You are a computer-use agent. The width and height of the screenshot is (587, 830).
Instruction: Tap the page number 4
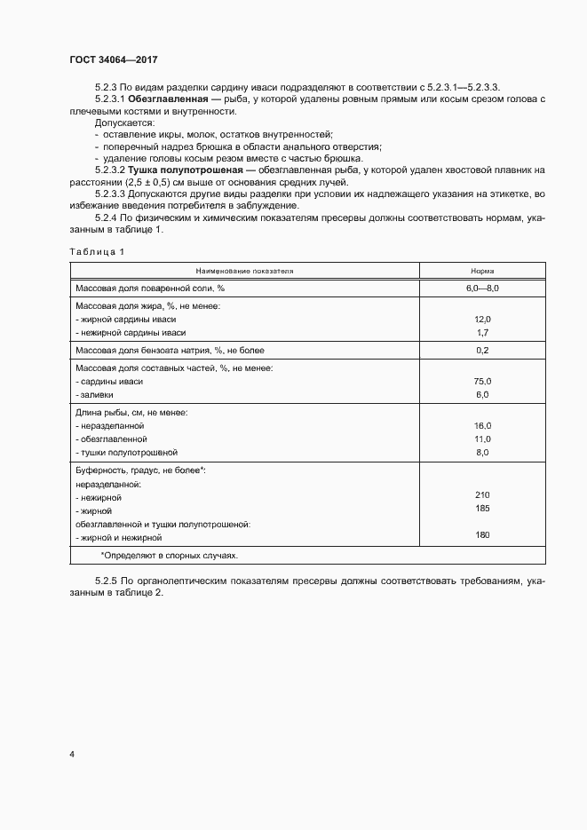(x=72, y=755)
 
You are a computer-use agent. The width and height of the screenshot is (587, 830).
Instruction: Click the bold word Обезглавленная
(x=164, y=99)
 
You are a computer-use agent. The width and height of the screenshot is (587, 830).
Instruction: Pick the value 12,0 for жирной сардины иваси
(x=482, y=319)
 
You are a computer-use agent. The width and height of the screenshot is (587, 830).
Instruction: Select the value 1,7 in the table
(x=482, y=332)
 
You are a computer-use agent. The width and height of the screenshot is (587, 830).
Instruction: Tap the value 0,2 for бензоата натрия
(x=482, y=351)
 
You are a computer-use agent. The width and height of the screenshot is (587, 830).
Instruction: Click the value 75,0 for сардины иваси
(x=482, y=381)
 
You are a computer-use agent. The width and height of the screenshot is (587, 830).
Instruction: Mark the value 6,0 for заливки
(x=482, y=394)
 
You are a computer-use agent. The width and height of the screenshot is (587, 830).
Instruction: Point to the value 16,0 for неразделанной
(x=482, y=426)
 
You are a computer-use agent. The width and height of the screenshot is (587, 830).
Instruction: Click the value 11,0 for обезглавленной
(x=482, y=439)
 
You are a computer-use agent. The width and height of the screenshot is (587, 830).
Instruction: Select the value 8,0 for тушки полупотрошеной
(x=482, y=453)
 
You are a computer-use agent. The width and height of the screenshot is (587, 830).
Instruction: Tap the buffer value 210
(x=482, y=494)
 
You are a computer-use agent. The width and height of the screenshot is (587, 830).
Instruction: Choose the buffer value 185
(x=482, y=509)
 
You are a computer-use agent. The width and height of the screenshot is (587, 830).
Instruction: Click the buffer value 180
(x=482, y=535)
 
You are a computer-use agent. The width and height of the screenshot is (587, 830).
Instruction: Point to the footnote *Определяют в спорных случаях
(x=169, y=554)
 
